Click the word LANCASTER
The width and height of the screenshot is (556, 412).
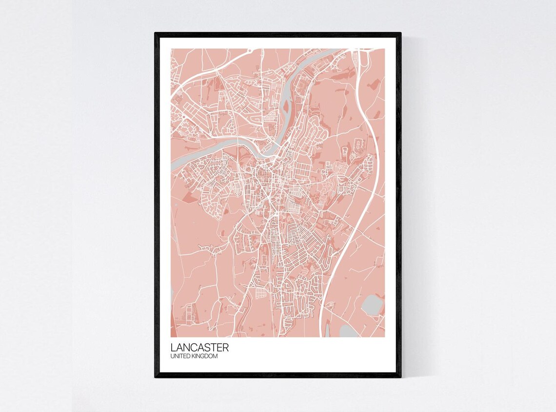pyautogui.click(x=199, y=348)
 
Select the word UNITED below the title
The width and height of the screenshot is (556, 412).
pyautogui.click(x=180, y=357)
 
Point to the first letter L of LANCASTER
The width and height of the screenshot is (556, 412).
pyautogui.click(x=173, y=348)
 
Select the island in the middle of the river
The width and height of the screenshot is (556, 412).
pyautogui.click(x=285, y=105)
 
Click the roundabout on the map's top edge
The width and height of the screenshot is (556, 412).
pyautogui.click(x=249, y=50)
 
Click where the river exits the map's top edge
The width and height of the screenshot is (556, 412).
pyautogui.click(x=337, y=49)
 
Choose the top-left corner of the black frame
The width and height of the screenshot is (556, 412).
pyautogui.click(x=156, y=34)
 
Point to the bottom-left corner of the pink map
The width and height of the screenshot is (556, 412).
pyautogui.click(x=171, y=336)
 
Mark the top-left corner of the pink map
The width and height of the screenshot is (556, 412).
pyautogui.click(x=171, y=49)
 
